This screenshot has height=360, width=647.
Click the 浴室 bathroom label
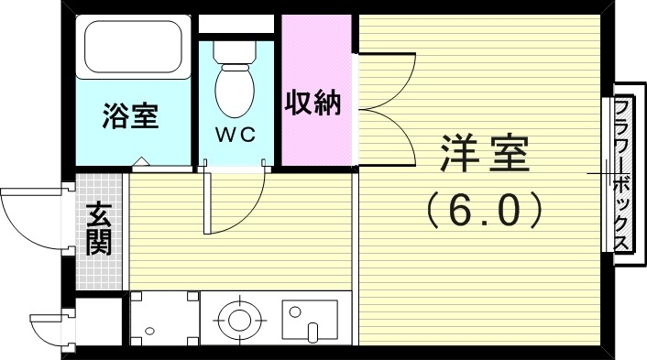click(131, 116)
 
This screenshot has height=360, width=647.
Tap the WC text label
click(235, 134)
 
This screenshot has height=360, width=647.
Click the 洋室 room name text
click(485, 154)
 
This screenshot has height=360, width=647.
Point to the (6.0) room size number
click(485, 211)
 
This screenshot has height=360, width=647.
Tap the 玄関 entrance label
click(99, 229)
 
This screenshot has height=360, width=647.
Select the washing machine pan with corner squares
click(163, 319)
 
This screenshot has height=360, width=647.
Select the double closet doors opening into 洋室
click(385, 108)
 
